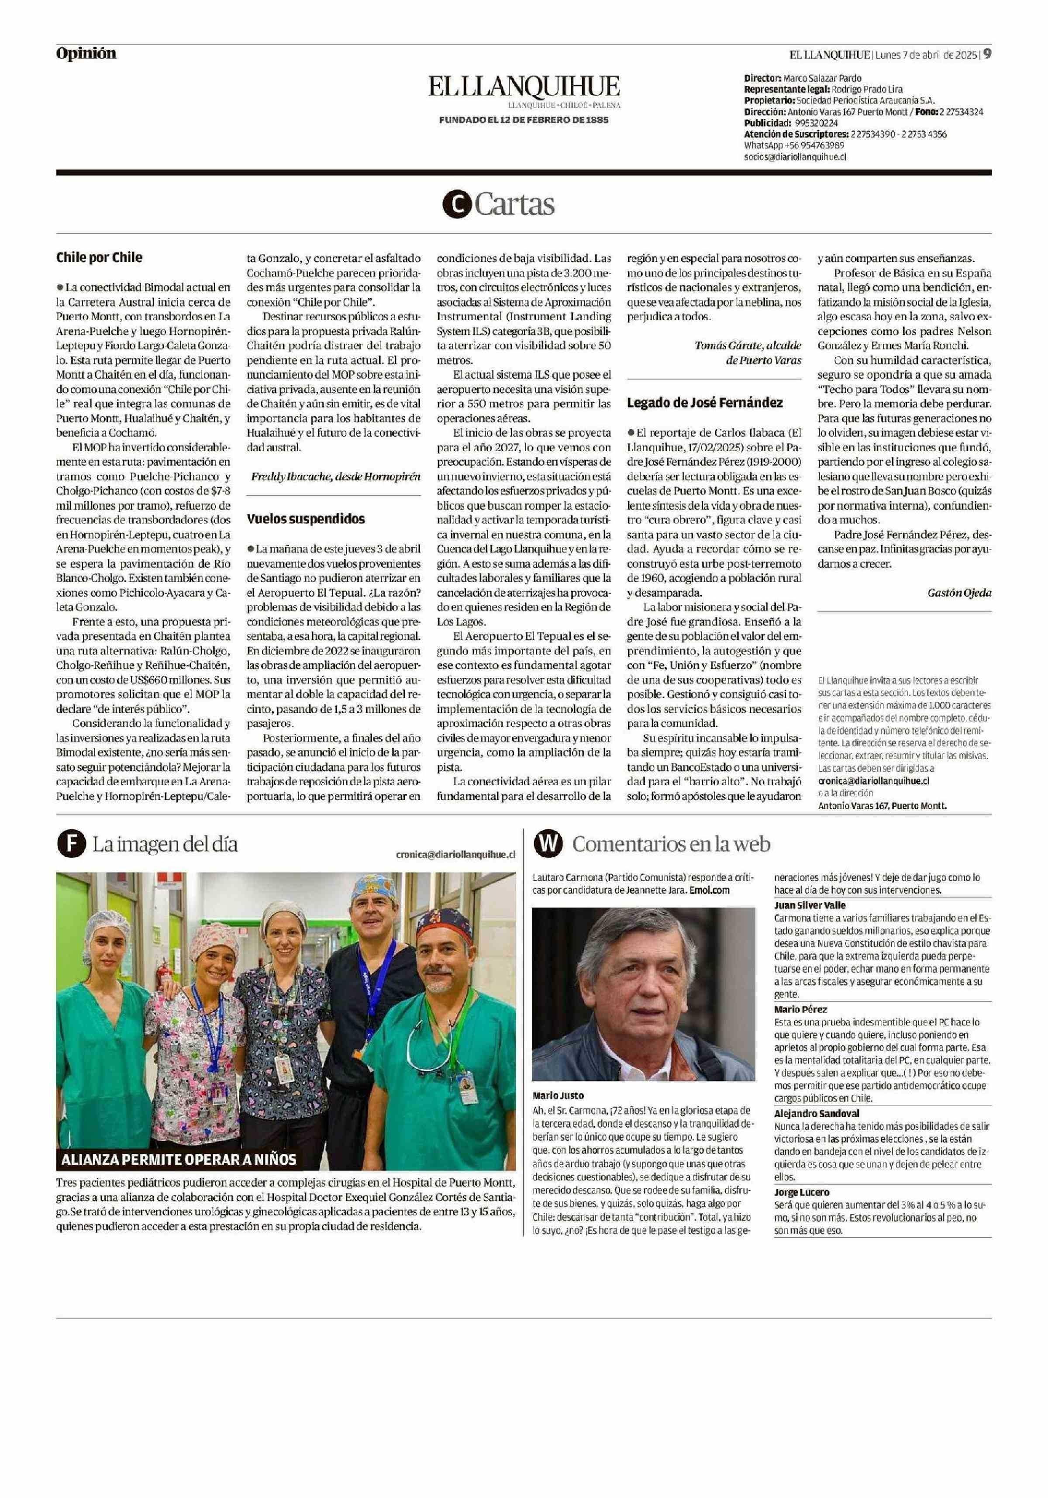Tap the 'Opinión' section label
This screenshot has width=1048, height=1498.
tap(86, 53)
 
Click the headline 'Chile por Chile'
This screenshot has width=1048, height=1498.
tap(99, 257)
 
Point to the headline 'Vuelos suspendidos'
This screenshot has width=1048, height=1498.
tap(305, 519)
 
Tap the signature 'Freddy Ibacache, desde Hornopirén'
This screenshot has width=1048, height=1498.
tap(335, 476)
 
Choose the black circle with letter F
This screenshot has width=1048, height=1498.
tap(70, 844)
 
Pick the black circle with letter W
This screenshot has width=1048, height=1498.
tap(548, 844)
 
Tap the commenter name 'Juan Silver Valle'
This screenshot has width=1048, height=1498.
tap(810, 905)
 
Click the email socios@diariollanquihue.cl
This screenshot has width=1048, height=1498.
tap(795, 157)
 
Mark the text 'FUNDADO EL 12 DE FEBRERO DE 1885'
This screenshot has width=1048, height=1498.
tap(524, 120)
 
